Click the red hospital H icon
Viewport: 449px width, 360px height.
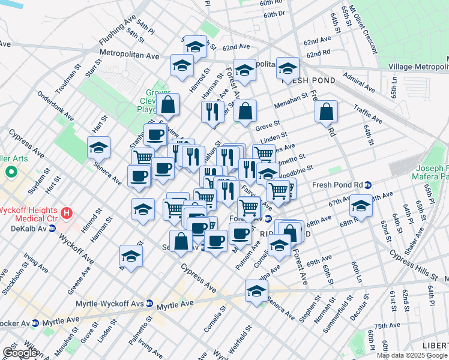(x=67, y=212)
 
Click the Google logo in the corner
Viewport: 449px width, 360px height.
(x=20, y=353)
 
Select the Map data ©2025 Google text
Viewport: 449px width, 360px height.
(x=412, y=355)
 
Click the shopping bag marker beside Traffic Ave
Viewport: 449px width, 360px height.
(x=325, y=112)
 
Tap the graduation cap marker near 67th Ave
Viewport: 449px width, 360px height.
(x=361, y=206)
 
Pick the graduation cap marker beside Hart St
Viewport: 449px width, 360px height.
(x=99, y=148)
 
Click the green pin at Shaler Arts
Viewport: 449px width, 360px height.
(x=11, y=173)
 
